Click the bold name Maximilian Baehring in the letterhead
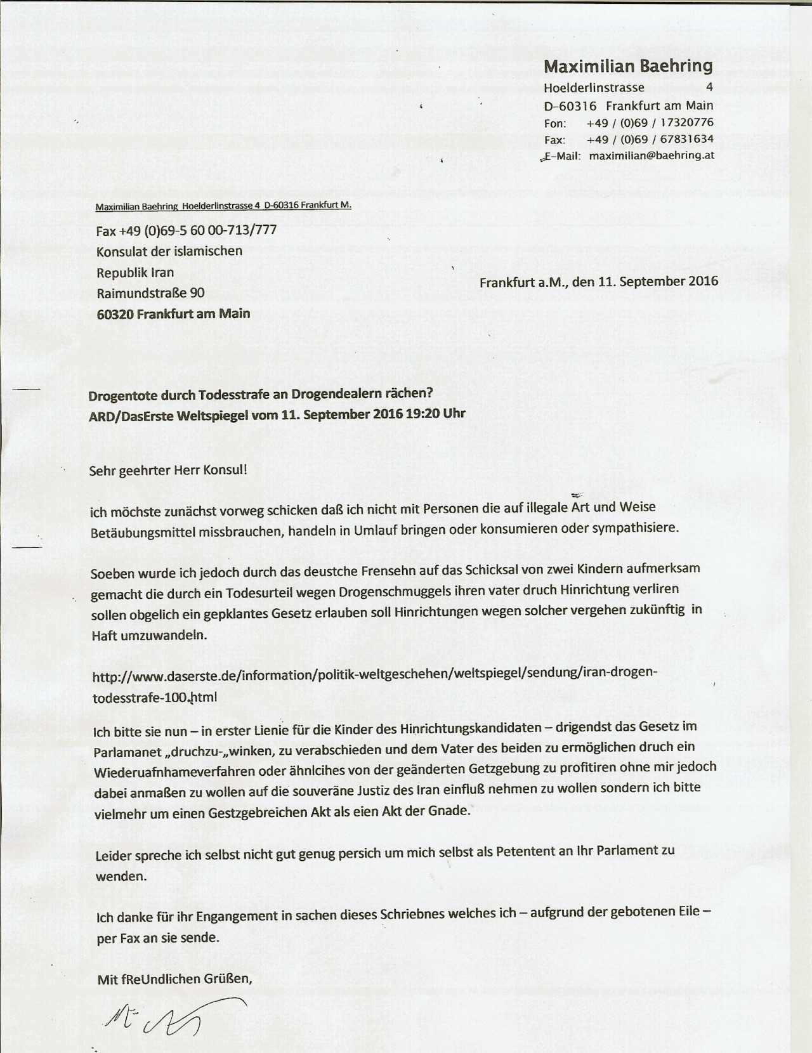(x=628, y=66)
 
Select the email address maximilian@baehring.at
(x=652, y=155)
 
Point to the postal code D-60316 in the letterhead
(x=570, y=106)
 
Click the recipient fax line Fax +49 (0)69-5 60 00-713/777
(x=187, y=230)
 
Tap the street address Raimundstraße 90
(x=150, y=293)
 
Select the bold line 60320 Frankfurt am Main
(x=173, y=313)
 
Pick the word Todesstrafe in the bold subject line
(x=233, y=395)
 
